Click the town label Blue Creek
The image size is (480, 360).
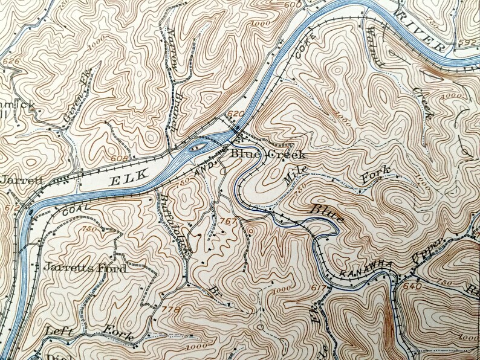click(x=267, y=154)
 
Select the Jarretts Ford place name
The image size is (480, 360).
click(x=85, y=268)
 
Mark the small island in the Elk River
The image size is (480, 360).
click(x=198, y=146)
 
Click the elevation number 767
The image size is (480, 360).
click(x=229, y=221)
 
